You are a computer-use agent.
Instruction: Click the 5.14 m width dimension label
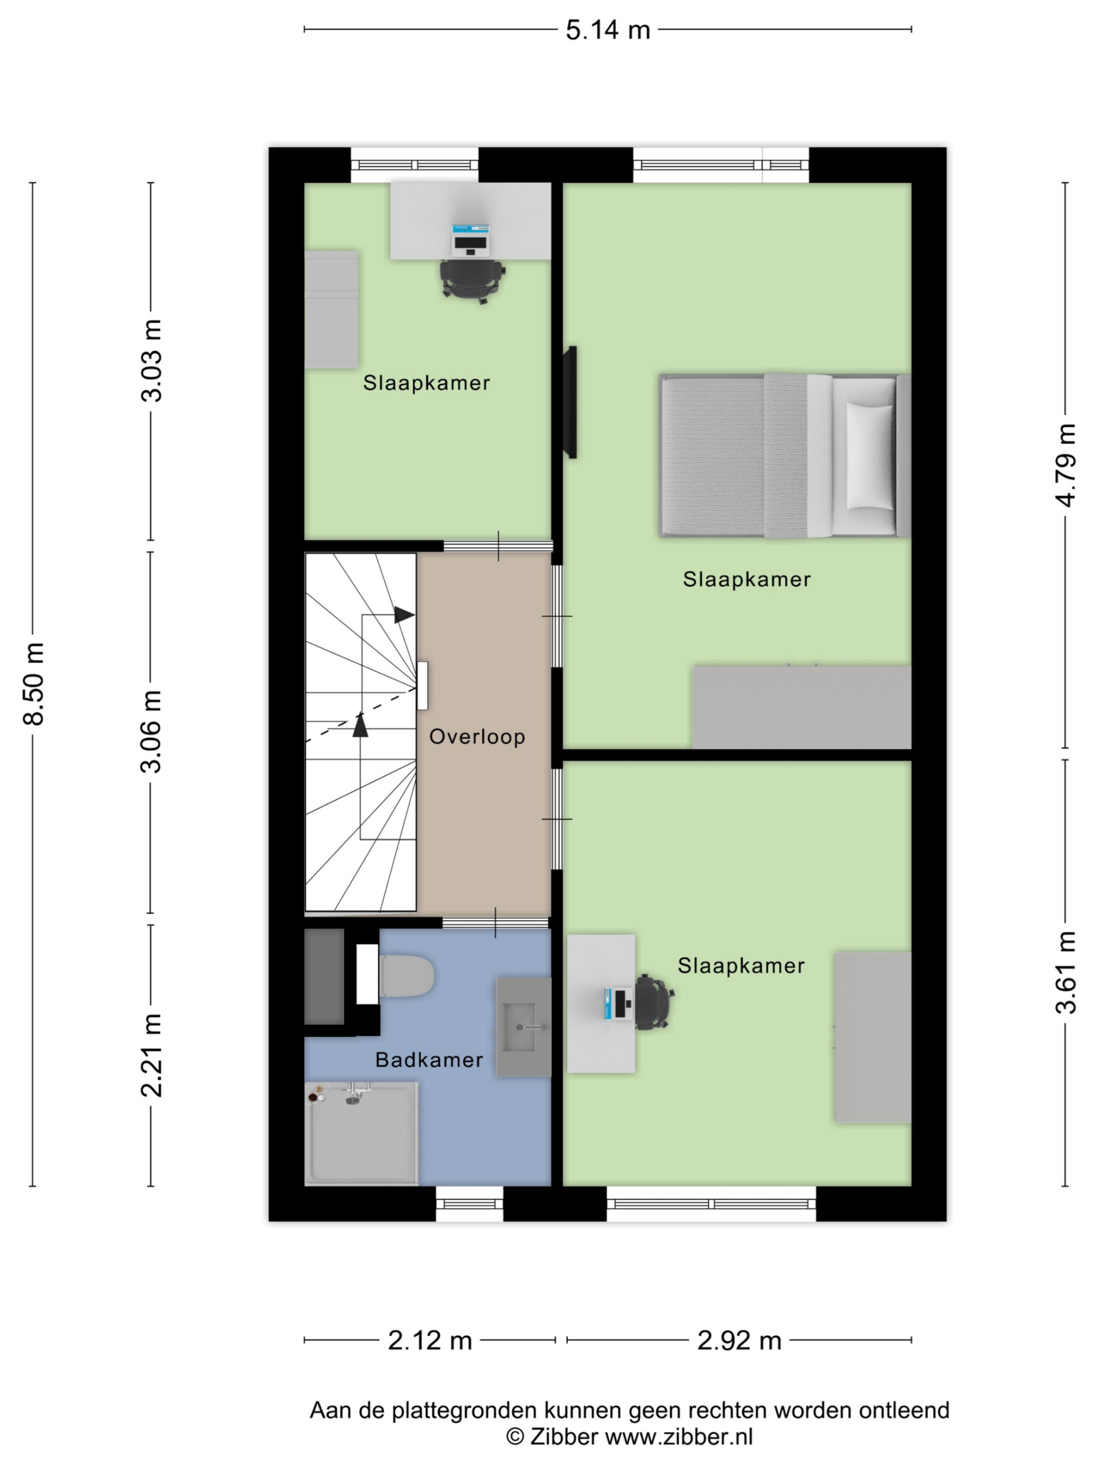(607, 30)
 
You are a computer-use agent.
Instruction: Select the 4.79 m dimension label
(1065, 466)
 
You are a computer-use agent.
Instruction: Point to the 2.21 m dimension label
(152, 1055)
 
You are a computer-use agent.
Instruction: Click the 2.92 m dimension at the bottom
(739, 1341)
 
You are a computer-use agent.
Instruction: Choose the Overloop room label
(477, 737)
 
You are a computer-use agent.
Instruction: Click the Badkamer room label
(429, 1060)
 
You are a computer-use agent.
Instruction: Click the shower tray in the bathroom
(361, 1133)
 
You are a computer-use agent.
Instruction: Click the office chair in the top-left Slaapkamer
(472, 280)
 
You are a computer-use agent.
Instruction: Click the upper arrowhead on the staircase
(404, 615)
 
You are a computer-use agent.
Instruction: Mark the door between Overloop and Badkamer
(496, 922)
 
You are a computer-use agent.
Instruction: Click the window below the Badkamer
(470, 1203)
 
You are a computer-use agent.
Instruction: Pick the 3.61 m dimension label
(1065, 972)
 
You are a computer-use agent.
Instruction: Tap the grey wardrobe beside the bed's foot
(802, 707)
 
